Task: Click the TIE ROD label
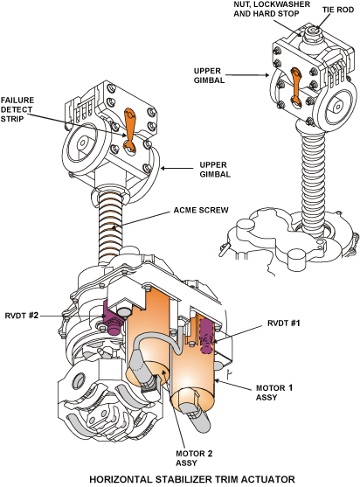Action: coord(338,10)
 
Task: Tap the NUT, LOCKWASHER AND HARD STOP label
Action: coord(272,9)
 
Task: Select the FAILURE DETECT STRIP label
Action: coord(17,109)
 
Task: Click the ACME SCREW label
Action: coord(201,210)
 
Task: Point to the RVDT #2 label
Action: coord(22,316)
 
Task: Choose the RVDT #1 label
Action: coord(284,324)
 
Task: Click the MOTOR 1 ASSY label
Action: coord(274,393)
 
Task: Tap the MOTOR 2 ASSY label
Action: coord(194,458)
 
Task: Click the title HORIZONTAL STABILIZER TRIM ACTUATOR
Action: coord(192,479)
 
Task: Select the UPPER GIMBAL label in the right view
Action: coord(209,75)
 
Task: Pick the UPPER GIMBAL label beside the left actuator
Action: coord(215,170)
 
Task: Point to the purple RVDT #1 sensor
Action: coord(205,337)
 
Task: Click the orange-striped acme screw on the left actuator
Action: coord(110,228)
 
